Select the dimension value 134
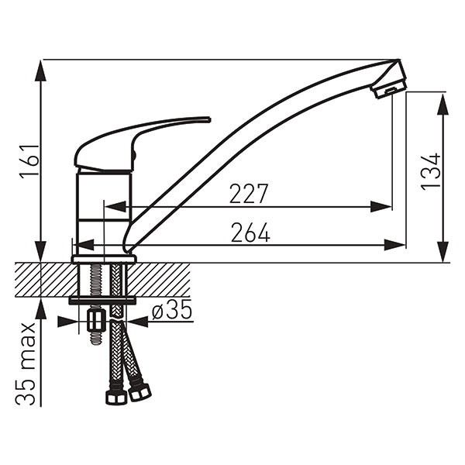(x=430, y=172)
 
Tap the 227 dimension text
(x=249, y=194)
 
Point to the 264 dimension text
(x=250, y=232)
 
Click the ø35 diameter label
(x=172, y=310)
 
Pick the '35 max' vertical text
(x=26, y=363)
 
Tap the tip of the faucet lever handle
(x=210, y=119)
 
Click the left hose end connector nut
(x=116, y=397)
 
